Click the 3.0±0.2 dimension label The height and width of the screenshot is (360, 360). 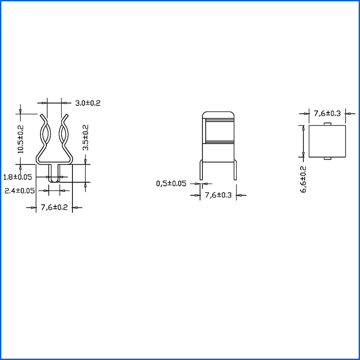pyautogui.click(x=88, y=103)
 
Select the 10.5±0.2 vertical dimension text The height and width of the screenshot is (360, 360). pyautogui.click(x=21, y=139)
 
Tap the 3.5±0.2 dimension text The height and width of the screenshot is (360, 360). pyautogui.click(x=85, y=138)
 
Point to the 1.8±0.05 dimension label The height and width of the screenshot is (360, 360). pyautogui.click(x=18, y=177)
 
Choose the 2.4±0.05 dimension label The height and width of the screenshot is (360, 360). pyautogui.click(x=19, y=190)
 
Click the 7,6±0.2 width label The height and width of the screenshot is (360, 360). pyautogui.click(x=54, y=207)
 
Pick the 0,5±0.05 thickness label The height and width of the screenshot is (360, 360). pyautogui.click(x=171, y=184)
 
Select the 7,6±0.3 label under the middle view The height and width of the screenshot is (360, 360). pyautogui.click(x=218, y=195)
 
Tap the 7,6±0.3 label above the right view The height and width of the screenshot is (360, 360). pyautogui.click(x=327, y=113)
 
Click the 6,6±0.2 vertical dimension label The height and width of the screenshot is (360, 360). pyautogui.click(x=303, y=179)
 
